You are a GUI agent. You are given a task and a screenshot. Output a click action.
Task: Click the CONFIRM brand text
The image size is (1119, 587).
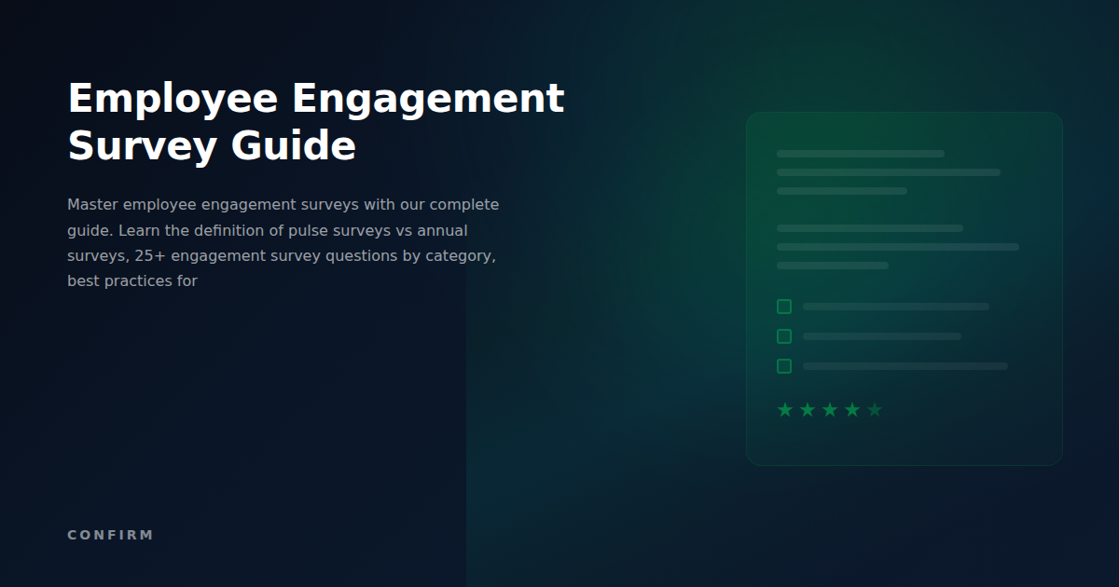110,535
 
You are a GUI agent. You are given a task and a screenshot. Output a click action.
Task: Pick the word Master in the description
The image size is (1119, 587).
92,205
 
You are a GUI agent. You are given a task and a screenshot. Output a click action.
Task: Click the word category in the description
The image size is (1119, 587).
461,255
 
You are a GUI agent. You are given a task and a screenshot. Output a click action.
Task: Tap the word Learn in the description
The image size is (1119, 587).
139,230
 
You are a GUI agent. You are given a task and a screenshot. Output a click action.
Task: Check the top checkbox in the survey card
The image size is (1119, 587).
784,307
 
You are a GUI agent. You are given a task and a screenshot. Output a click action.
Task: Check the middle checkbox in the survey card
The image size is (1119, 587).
784,336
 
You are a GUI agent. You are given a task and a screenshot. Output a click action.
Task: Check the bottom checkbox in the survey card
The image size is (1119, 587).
784,366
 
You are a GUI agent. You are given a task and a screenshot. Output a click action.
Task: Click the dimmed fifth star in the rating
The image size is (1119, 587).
875,410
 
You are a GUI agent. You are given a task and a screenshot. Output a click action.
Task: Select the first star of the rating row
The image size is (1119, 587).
785,410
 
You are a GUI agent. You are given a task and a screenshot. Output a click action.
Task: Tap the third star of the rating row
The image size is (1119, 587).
830,410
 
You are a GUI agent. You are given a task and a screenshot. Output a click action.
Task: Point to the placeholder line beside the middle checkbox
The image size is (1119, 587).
881,336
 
